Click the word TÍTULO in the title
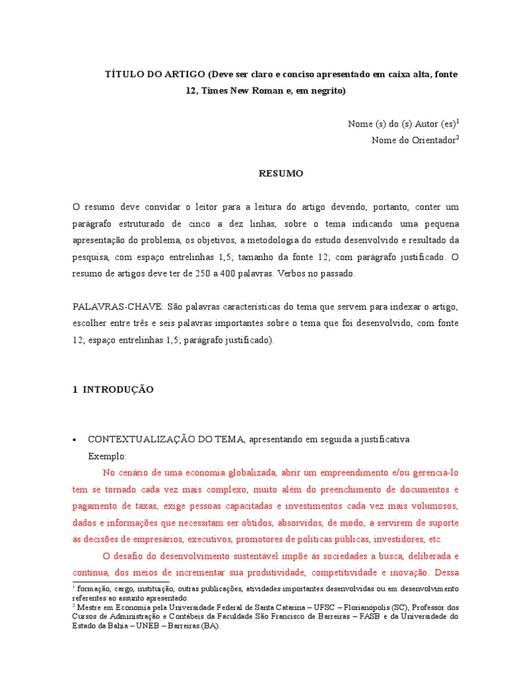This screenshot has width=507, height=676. pyautogui.click(x=124, y=75)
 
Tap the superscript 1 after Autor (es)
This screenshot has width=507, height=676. pyautogui.click(x=458, y=121)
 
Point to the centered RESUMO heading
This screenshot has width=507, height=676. pyautogui.click(x=281, y=173)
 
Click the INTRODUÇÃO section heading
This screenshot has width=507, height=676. pyautogui.click(x=118, y=389)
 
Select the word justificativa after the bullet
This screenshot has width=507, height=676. pyautogui.click(x=385, y=440)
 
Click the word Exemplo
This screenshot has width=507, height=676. pyautogui.click(x=107, y=456)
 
